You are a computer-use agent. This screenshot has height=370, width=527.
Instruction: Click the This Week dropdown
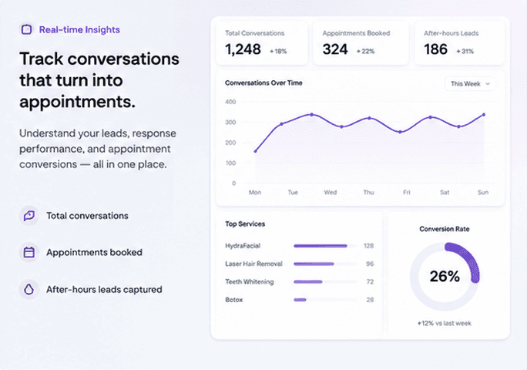coord(470,84)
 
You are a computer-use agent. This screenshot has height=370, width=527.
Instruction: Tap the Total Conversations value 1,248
coord(243,49)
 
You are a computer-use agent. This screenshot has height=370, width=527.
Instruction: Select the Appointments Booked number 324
coord(335,49)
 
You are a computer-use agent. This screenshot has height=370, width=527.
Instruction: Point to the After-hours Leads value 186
coord(435,49)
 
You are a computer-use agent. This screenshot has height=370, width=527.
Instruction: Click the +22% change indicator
coord(365,52)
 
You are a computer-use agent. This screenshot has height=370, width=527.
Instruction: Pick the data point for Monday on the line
coord(256,151)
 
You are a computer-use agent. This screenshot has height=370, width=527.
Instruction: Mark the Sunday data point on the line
coord(484,115)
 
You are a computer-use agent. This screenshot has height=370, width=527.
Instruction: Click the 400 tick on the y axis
coord(230,102)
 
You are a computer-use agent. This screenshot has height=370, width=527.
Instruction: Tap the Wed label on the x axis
coord(331,193)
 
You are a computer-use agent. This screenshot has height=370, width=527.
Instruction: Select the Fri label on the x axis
coord(407,193)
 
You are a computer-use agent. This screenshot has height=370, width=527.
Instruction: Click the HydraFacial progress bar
coord(321,246)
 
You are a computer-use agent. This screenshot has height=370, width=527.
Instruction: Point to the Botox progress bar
coord(300,300)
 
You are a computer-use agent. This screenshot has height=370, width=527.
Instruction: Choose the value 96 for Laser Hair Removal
coord(370,264)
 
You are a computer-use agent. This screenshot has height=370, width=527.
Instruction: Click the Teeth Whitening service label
coord(250,282)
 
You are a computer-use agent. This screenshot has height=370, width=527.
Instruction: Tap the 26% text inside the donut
coord(445,277)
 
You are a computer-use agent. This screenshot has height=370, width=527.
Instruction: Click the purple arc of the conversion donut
coord(470,257)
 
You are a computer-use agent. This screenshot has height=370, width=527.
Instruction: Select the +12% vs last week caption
coord(445,323)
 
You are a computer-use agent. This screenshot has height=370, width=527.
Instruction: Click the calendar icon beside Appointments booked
coord(29,252)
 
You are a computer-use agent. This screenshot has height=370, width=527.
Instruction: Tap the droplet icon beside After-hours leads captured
coord(29,289)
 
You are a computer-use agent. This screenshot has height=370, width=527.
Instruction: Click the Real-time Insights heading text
coord(79,29)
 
